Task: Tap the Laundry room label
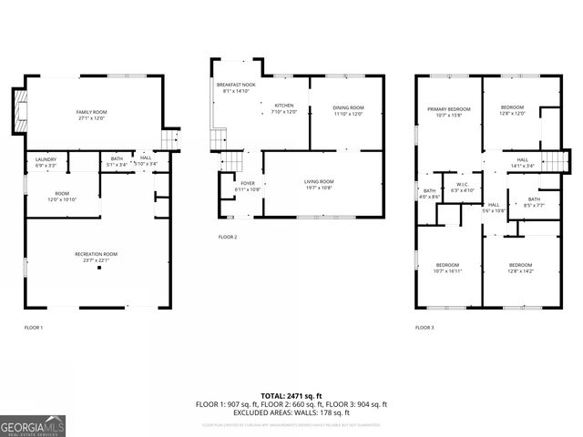(x=45, y=162)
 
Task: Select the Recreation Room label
(x=97, y=257)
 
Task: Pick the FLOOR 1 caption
(x=33, y=327)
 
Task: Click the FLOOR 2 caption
(x=228, y=237)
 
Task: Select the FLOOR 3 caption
(x=424, y=327)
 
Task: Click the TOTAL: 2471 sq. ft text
(x=291, y=396)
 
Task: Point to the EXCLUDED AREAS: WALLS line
(x=291, y=412)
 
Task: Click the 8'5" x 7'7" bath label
(x=533, y=202)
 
